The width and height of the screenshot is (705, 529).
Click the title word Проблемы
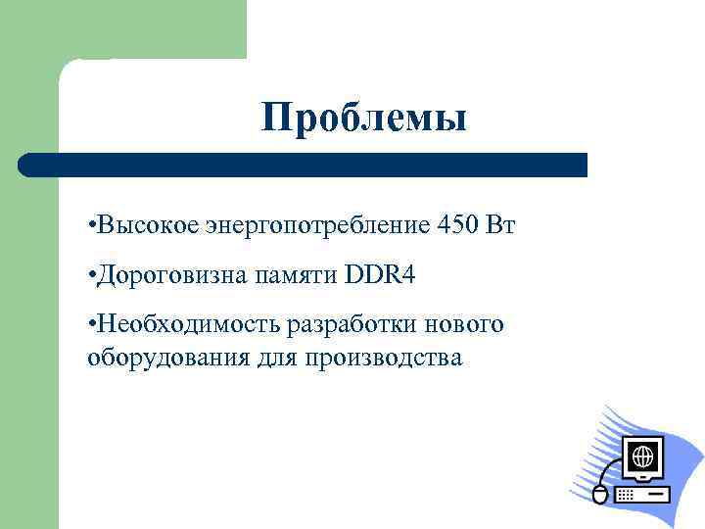364,119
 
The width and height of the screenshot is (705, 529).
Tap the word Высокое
146,226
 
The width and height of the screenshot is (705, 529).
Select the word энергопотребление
317,226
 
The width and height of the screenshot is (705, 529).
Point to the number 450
458,226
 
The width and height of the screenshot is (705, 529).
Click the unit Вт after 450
500,226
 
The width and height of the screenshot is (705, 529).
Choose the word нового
466,324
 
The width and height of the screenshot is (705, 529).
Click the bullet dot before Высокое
90,227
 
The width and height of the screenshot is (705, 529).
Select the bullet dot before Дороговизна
90,276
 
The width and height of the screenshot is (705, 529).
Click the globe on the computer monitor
643,457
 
